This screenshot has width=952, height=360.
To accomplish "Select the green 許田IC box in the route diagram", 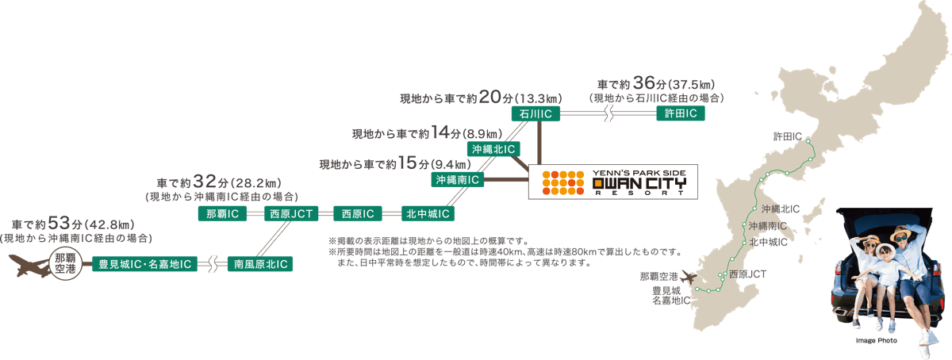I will click(x=680, y=115).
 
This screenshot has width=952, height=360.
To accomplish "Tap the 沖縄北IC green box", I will click(x=493, y=148).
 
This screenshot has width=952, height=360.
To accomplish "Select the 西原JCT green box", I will click(x=290, y=214).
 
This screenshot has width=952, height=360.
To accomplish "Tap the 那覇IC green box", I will click(x=223, y=214).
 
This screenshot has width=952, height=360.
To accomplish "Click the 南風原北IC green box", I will click(x=260, y=264).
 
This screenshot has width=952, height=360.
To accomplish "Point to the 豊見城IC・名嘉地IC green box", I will click(x=144, y=264).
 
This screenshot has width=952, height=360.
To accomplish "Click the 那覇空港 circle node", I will click(x=64, y=264).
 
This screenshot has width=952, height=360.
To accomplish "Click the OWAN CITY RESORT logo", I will click(x=612, y=182).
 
